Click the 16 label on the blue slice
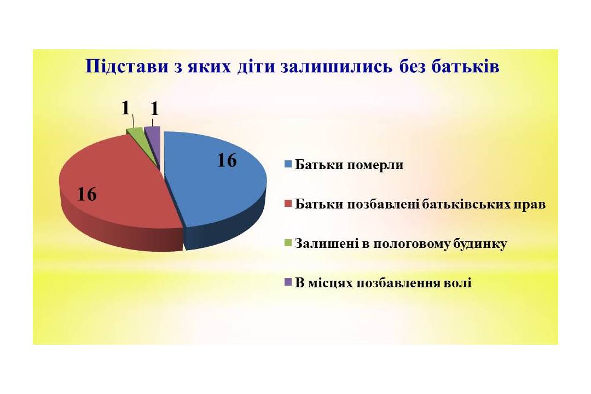pos(227,161)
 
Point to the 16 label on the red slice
pos(86,195)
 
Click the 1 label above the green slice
pos(126,108)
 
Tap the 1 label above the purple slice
pos(154,109)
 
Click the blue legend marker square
pos(288,164)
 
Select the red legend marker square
pos(288,204)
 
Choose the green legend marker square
pos(288,243)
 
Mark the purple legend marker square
pos(288,283)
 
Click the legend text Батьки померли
pos(349,165)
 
